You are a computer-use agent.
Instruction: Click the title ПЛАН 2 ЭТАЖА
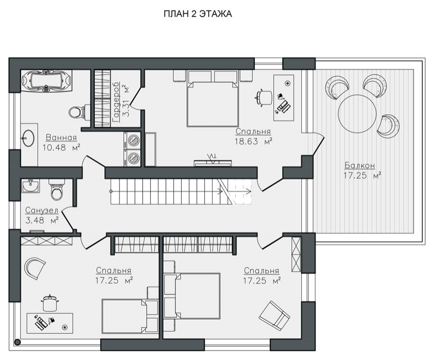click(x=198, y=14)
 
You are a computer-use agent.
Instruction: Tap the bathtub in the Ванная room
click(x=46, y=81)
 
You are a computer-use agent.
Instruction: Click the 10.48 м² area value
click(x=61, y=147)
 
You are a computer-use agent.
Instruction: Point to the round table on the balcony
click(x=357, y=114)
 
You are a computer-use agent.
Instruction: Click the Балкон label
click(x=360, y=165)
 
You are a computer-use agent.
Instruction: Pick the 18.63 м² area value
click(x=253, y=141)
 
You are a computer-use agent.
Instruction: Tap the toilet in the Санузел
click(x=57, y=189)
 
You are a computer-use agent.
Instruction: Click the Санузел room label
click(x=42, y=211)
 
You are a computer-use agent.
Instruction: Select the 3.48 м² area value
click(x=42, y=221)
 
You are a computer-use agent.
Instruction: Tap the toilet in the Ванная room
click(x=79, y=112)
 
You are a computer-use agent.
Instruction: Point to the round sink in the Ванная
click(x=28, y=138)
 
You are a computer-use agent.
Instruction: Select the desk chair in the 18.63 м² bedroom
click(x=264, y=97)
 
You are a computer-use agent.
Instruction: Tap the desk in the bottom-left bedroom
click(x=50, y=323)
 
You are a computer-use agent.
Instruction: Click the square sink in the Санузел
click(x=31, y=186)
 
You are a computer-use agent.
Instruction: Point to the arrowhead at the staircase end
click(x=248, y=191)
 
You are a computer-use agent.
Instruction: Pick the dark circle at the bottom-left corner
click(x=17, y=342)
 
